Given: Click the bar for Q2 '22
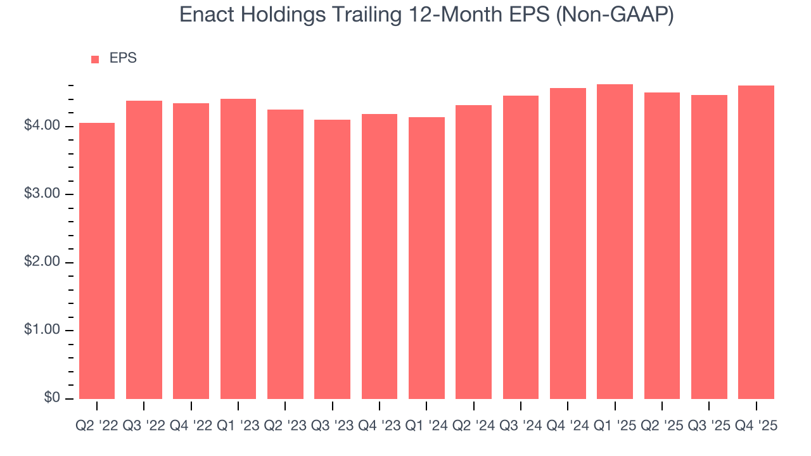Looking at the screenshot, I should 97,260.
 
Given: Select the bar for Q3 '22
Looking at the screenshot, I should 144,250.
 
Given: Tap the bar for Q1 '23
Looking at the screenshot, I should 238,248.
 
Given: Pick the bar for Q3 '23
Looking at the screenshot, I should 332,259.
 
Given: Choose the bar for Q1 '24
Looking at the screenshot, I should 426,258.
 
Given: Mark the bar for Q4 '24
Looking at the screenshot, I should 568,243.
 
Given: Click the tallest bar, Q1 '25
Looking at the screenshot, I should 615,241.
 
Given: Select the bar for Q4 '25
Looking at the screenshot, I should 756,242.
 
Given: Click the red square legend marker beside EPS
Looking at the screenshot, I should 95,59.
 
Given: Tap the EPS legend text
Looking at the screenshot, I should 123,58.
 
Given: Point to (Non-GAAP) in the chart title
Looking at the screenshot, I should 614,15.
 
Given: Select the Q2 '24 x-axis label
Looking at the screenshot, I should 473,426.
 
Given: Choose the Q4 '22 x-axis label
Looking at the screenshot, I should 191,426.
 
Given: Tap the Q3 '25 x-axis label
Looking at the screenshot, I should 708,426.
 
